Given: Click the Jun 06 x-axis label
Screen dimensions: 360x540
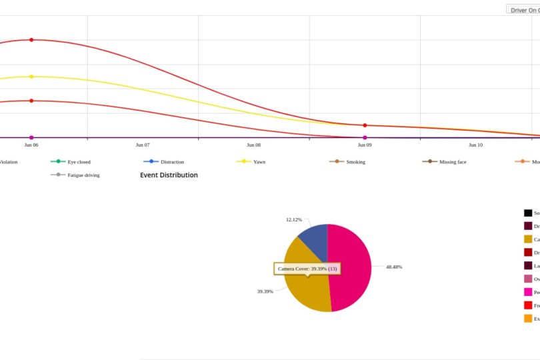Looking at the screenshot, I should (x=31, y=144).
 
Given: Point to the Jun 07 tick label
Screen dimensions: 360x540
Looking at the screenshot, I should (x=143, y=144).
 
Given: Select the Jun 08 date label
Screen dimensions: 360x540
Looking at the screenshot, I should (x=253, y=144).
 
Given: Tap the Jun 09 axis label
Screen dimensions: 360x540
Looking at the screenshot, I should (x=365, y=144).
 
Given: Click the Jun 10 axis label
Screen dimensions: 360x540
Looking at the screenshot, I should (x=475, y=144).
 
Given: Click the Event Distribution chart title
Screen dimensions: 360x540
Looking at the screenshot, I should (x=169, y=175).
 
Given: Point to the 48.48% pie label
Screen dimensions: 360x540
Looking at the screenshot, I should (x=394, y=267).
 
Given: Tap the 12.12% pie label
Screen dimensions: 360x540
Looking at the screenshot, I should (x=294, y=219).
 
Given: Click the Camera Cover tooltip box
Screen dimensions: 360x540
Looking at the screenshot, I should (x=307, y=269).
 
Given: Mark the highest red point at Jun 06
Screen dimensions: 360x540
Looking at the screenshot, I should (x=31, y=40).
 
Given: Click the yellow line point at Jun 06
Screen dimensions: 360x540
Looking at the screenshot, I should (x=31, y=77).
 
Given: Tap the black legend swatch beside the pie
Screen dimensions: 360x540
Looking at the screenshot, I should (x=528, y=213).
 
